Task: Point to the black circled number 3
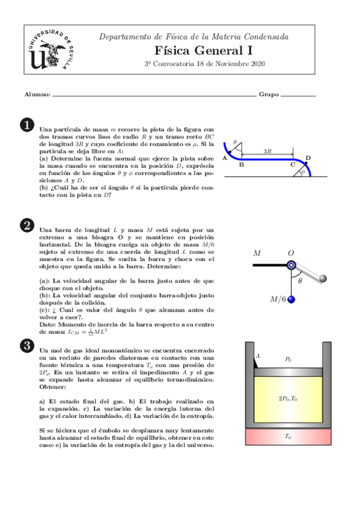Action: pyautogui.click(x=26, y=345)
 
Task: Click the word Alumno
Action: pyautogui.click(x=37, y=95)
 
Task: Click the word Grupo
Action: pyautogui.click(x=268, y=95)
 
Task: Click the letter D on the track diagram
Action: pyautogui.click(x=308, y=158)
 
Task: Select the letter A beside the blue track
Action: pyautogui.click(x=224, y=158)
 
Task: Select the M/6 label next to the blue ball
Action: pyautogui.click(x=278, y=299)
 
